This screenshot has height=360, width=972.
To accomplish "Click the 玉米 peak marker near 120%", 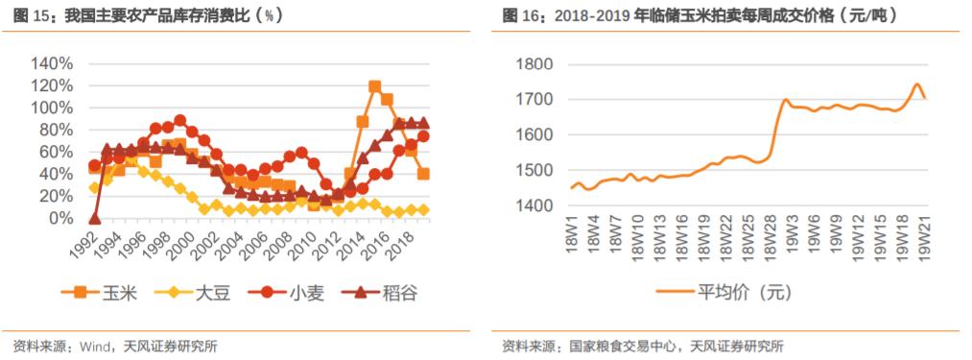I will pyautogui.click(x=374, y=86).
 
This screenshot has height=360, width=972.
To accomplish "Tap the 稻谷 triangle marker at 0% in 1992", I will pyautogui.click(x=94, y=219).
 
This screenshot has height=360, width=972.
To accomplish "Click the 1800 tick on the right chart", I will pyautogui.click(x=535, y=64).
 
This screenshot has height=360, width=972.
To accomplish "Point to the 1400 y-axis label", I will pyautogui.click(x=535, y=206).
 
